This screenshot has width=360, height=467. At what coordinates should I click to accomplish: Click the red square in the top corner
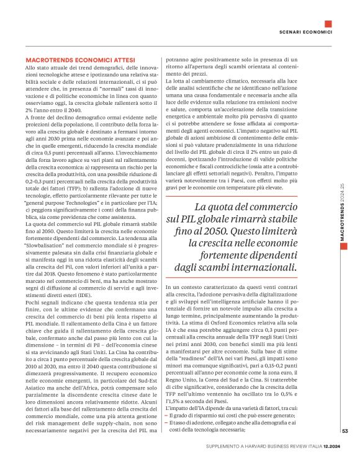tap(328, 24)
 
